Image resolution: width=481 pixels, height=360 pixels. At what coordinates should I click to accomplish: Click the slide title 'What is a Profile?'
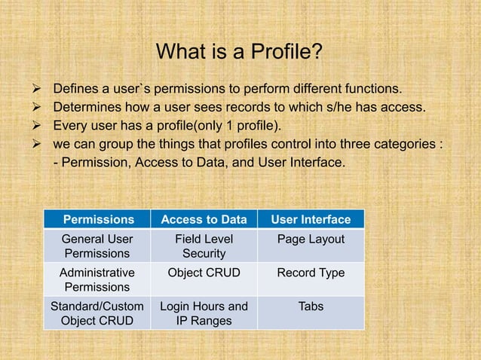point(239,53)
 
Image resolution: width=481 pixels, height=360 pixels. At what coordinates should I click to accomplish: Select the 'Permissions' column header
point(98,220)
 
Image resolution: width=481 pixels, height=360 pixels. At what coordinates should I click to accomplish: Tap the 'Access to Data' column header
point(204,220)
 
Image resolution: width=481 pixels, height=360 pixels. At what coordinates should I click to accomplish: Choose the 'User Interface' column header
point(311,220)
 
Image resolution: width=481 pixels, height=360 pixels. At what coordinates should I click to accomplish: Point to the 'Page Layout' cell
point(311,239)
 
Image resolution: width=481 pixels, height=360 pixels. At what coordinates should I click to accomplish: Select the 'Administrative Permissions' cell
point(97,279)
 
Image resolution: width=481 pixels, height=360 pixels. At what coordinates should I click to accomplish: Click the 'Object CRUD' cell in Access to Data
point(204,273)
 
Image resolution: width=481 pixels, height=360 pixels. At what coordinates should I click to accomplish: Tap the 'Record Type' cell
point(311,273)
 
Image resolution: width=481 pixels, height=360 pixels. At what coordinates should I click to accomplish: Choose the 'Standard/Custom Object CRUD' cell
point(97,313)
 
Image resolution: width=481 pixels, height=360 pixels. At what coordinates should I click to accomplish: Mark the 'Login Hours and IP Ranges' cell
point(204,313)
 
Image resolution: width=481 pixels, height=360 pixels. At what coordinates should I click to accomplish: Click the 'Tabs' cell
point(311,307)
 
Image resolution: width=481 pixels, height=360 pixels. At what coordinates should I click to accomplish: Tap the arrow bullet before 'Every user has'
point(33,124)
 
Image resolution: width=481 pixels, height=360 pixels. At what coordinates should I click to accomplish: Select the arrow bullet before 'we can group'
point(33,143)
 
